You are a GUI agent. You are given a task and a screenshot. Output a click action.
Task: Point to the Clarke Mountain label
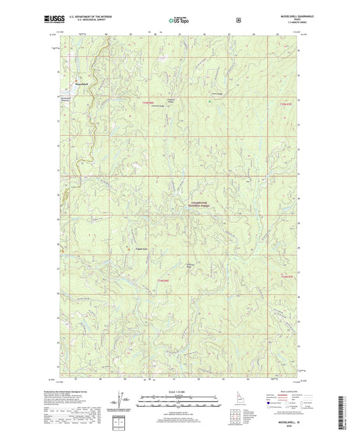click(143, 249)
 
